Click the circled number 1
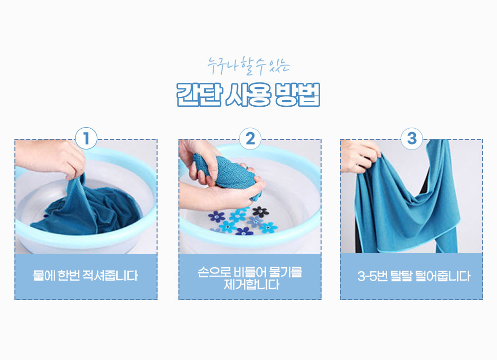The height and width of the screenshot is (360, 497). tap(86, 139)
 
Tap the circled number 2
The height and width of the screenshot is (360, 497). tap(250, 139)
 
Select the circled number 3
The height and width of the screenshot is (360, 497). tap(412, 139)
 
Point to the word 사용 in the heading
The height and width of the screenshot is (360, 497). tap(248, 95)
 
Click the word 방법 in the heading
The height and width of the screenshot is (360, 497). tap(298, 95)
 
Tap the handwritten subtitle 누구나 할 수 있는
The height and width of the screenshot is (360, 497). tap(248, 66)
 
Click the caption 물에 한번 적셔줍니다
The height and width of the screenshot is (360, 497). tap(85, 276)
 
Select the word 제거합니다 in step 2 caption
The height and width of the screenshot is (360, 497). tap(251, 285)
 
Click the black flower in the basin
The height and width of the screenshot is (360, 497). tap(260, 212)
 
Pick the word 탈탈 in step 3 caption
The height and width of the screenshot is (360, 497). tap(401, 276)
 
